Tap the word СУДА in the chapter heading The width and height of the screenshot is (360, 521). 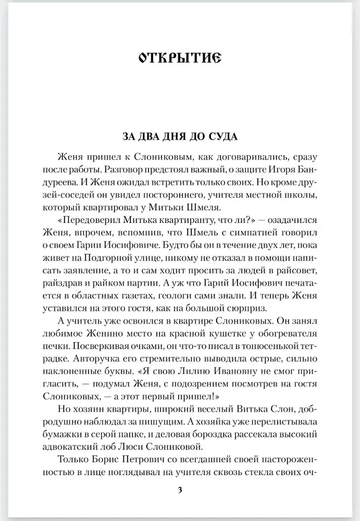pyautogui.click(x=221, y=138)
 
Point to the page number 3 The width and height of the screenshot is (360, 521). pyautogui.click(x=180, y=491)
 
